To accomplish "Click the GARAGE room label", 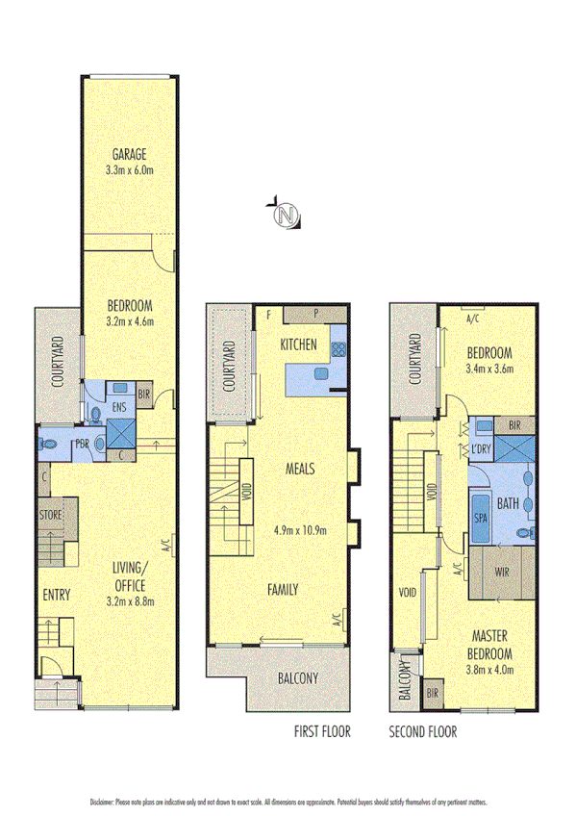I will (128, 154).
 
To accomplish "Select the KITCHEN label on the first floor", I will (298, 344).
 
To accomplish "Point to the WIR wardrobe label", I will (502, 572).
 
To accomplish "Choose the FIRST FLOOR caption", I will (322, 732).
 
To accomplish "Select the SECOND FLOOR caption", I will (423, 732).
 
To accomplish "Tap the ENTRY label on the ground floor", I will (56, 596).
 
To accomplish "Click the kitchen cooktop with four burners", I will (338, 352).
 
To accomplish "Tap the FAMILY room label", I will (283, 590).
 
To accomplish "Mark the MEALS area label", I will (300, 470).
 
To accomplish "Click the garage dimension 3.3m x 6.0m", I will (128, 171).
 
